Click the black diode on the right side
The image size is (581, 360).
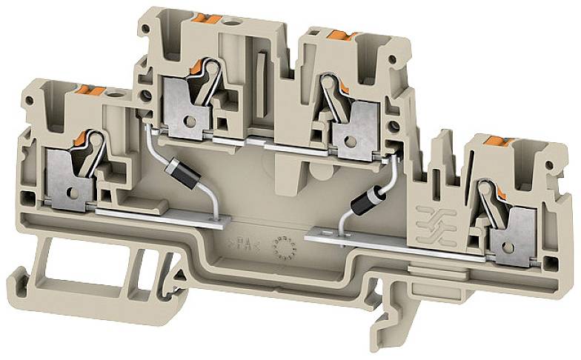point(367,199)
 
